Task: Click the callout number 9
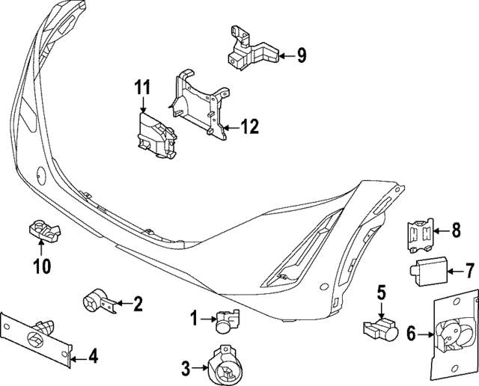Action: [x=301, y=54]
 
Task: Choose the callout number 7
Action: [x=470, y=269]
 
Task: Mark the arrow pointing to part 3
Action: [x=201, y=367]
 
